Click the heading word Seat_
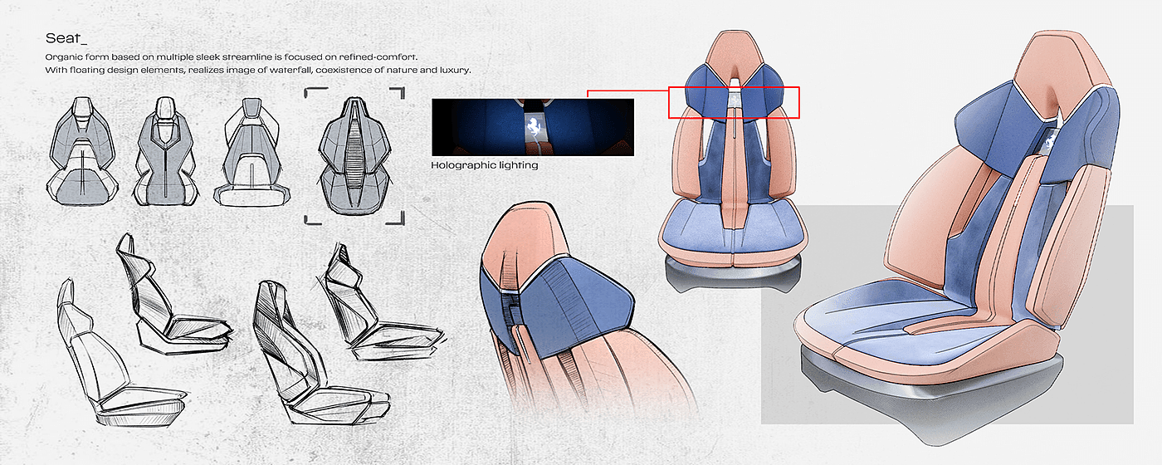pos(66,38)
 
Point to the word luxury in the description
pos(454,70)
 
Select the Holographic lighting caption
pos(485,165)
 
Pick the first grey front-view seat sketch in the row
pos(82,150)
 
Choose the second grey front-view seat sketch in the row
pos(165,150)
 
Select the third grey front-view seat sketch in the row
pos(251,151)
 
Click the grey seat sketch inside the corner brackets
pos(354,156)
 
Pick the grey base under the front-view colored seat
pos(732,272)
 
